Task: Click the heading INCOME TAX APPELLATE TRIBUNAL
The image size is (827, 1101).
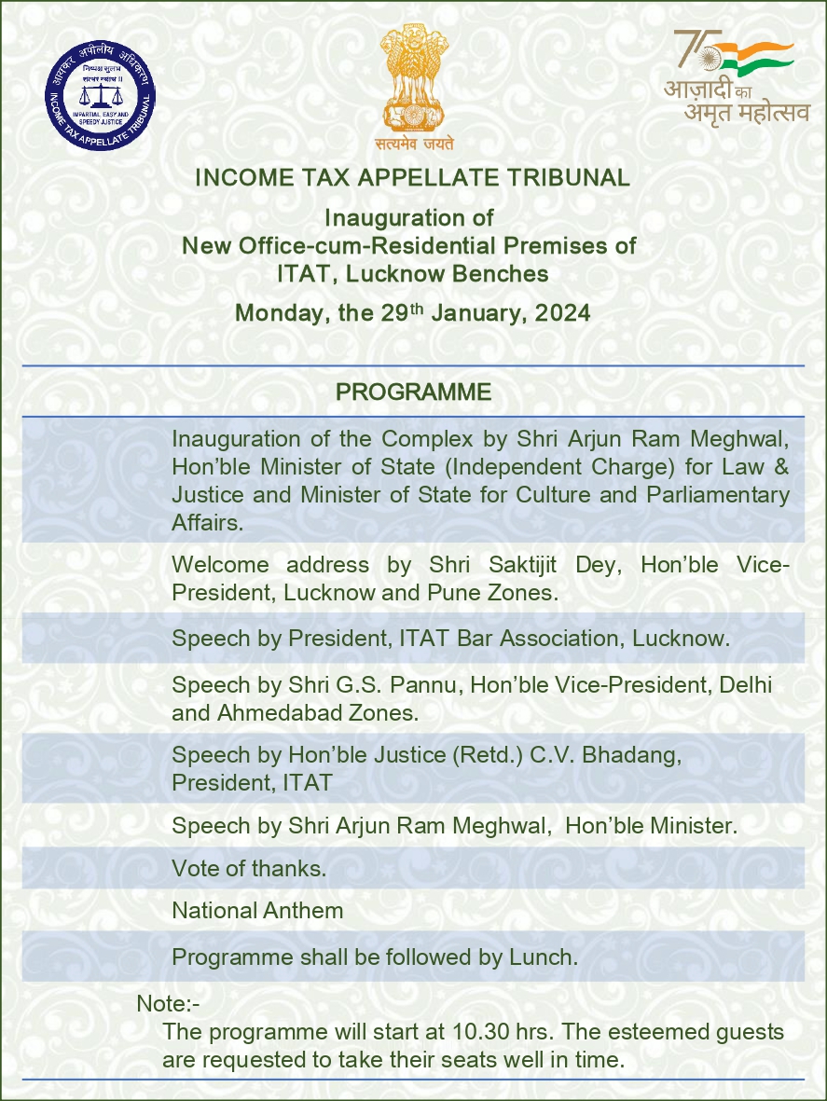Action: pyautogui.click(x=413, y=177)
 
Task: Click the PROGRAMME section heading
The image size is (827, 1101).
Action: pyautogui.click(x=413, y=392)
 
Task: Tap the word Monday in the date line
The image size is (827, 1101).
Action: pyautogui.click(x=275, y=313)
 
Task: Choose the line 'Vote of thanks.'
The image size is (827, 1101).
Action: pyautogui.click(x=249, y=869)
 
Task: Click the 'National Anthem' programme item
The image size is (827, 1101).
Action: pyautogui.click(x=257, y=911)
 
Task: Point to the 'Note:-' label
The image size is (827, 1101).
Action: pyautogui.click(x=169, y=1004)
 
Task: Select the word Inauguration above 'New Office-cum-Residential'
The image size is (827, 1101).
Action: pyautogui.click(x=408, y=218)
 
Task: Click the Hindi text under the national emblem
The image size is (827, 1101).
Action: pyautogui.click(x=414, y=145)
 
